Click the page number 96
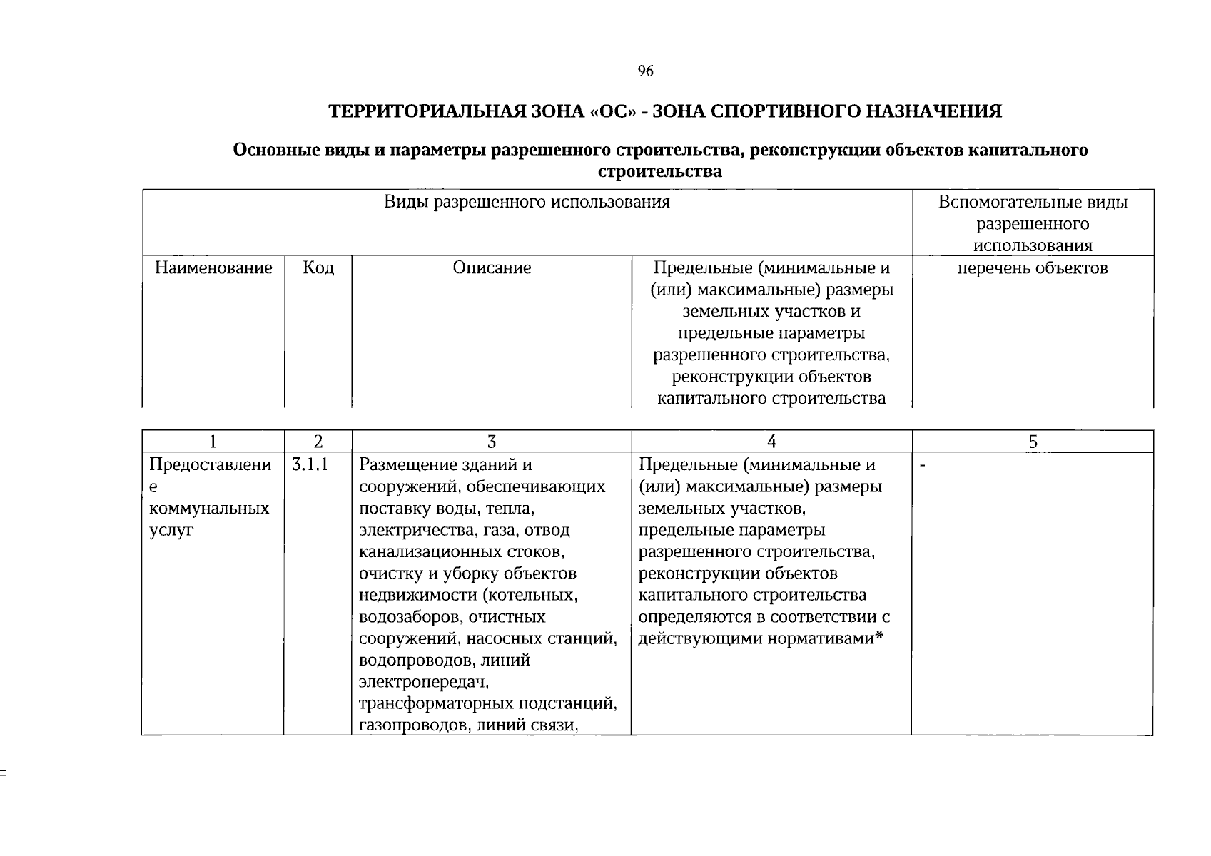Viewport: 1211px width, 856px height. pos(645,71)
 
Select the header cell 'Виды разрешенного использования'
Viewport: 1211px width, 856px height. pos(527,202)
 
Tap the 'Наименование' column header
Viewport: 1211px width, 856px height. pos(213,268)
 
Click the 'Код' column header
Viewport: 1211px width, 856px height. pos(318,268)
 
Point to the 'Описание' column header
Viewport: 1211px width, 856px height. pos(492,268)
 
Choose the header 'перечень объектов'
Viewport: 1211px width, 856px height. pos(1032,268)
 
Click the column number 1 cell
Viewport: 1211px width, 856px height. pos(213,442)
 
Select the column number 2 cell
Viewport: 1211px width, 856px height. pos(318,442)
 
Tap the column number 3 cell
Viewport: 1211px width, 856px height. pos(492,442)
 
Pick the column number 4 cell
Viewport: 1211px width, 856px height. pos(771,442)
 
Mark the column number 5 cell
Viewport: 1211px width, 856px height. pos(1032,442)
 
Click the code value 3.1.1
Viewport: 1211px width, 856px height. pos(309,465)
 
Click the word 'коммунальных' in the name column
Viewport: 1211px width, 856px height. pos(209,509)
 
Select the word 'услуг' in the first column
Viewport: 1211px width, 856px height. pos(171,531)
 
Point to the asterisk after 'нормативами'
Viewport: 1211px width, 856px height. pos(879,637)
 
